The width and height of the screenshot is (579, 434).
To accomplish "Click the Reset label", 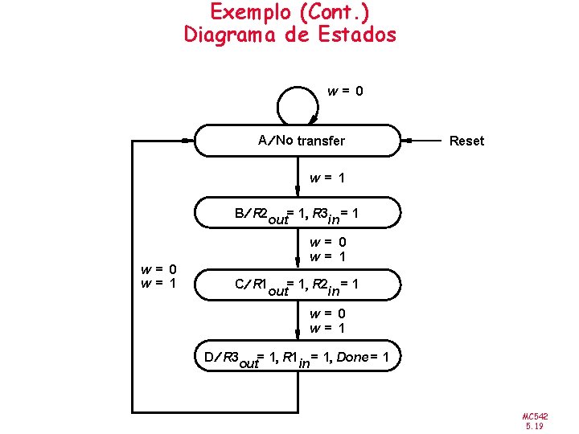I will (x=466, y=141).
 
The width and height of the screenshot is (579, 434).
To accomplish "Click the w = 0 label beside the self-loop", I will (x=346, y=92).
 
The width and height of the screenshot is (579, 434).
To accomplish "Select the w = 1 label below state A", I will (x=327, y=178).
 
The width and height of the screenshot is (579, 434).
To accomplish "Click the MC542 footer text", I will (x=533, y=416).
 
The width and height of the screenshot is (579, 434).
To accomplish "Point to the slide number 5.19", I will (x=533, y=427).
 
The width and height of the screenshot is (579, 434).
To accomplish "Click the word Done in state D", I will (x=352, y=356).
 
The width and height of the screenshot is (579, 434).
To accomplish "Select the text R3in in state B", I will (x=326, y=215).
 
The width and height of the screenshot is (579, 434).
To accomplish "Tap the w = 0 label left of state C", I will (x=159, y=269).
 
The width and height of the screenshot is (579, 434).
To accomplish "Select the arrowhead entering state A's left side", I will (x=188, y=141).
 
